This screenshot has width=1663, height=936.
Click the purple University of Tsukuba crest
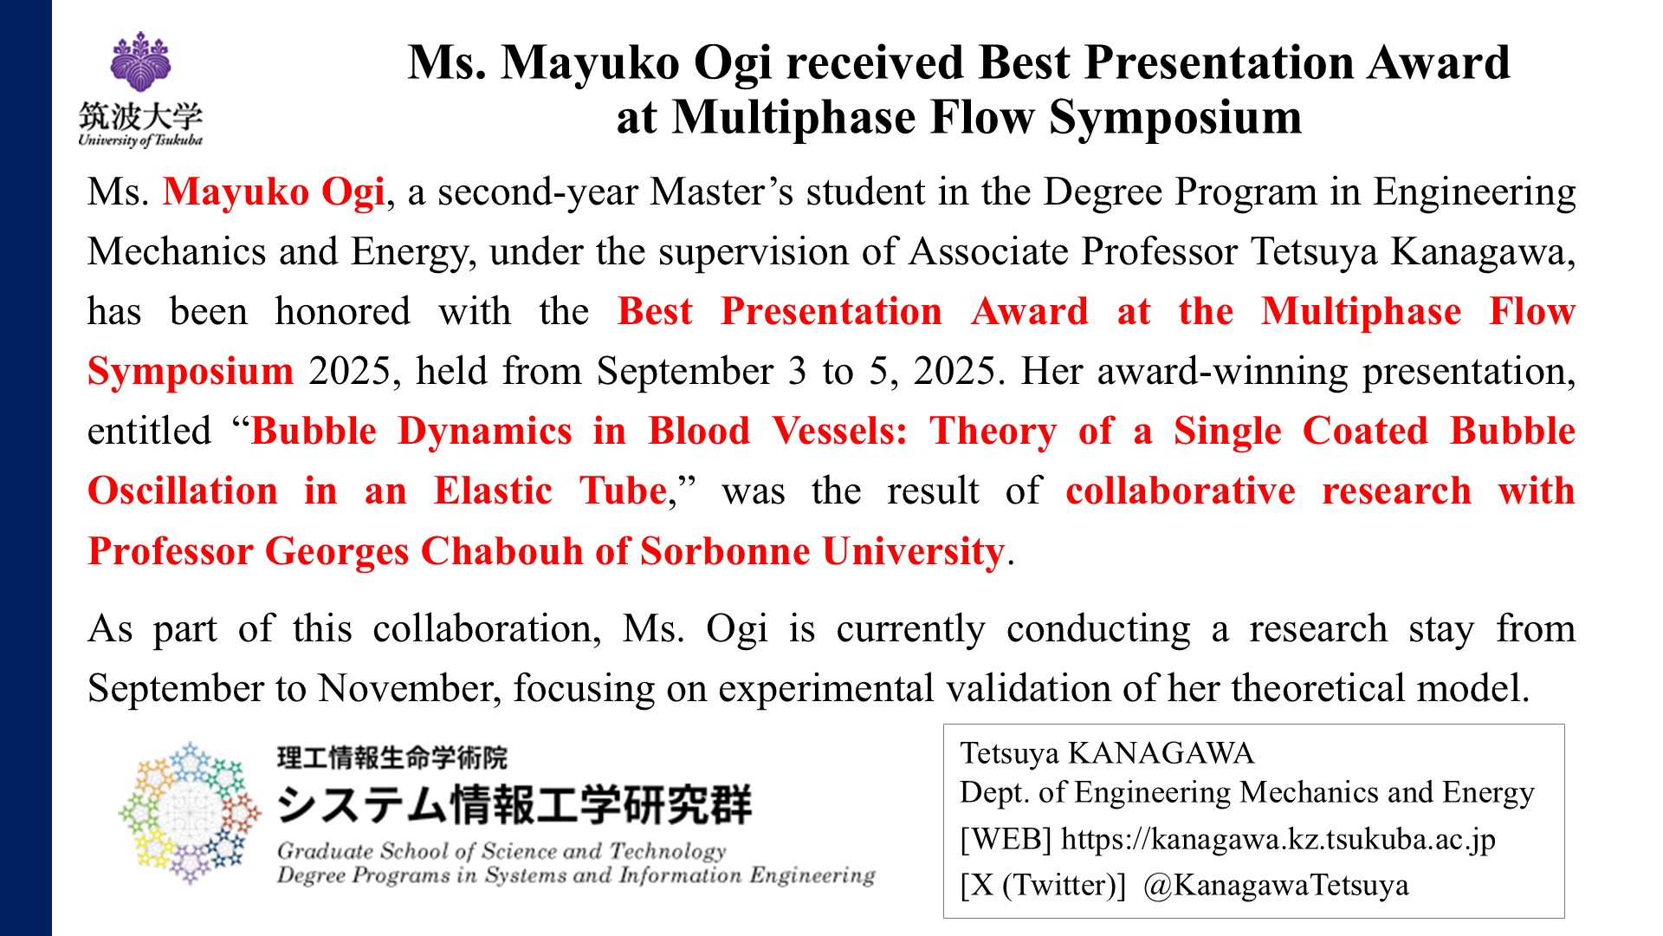(x=140, y=62)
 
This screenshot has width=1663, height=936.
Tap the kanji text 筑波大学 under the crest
(x=140, y=116)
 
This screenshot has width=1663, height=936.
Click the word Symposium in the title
(x=1175, y=118)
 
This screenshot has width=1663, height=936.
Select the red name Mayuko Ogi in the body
(x=274, y=192)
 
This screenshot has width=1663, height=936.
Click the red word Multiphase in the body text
(x=1361, y=312)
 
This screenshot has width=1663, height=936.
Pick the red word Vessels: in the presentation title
(x=839, y=431)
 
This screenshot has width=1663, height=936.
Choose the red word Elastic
(x=493, y=491)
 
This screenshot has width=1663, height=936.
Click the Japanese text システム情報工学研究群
(x=514, y=804)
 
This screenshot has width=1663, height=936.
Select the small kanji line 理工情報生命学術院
(x=392, y=757)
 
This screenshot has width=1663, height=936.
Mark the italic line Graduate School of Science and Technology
(x=501, y=851)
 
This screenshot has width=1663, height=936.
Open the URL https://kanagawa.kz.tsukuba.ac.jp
(x=1278, y=839)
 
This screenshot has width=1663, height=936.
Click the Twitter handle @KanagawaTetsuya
(x=1276, y=885)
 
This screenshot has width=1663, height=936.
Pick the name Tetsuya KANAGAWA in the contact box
(x=1107, y=753)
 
